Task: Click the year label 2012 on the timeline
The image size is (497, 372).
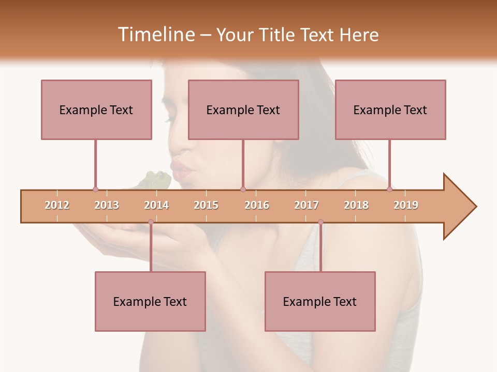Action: click(x=57, y=205)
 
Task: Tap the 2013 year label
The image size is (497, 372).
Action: click(x=107, y=205)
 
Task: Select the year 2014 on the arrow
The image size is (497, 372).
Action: click(x=156, y=205)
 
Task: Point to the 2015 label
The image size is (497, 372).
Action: click(x=206, y=205)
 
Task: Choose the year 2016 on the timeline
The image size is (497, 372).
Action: click(x=257, y=205)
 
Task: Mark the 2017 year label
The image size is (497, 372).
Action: click(x=306, y=205)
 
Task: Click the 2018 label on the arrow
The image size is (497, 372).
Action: click(x=356, y=205)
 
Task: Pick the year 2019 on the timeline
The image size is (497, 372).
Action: click(x=406, y=205)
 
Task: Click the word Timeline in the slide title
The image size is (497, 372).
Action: click(x=155, y=35)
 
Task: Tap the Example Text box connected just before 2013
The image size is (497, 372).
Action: click(x=96, y=110)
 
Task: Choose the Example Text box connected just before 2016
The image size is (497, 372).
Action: click(x=243, y=110)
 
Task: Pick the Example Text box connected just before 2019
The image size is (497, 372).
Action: click(x=390, y=110)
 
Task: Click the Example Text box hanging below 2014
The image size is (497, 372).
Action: click(x=150, y=301)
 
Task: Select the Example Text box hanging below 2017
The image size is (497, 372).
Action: click(x=320, y=301)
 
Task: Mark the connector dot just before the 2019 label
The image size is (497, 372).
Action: click(x=390, y=190)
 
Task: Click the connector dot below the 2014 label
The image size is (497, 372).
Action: click(x=151, y=222)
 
